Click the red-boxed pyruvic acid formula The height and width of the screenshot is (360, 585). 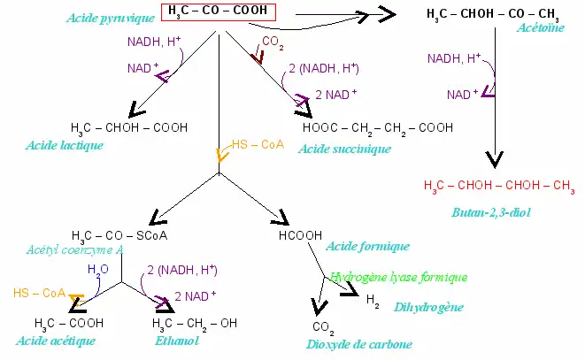point(219,12)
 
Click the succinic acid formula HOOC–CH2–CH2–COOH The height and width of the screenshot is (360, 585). point(378,127)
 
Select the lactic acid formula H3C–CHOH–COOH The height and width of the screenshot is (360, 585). point(129,127)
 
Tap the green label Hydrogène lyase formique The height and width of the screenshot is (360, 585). point(398,277)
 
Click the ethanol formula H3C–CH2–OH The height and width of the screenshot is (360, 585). point(194,323)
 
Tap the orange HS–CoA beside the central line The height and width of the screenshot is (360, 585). point(257,144)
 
